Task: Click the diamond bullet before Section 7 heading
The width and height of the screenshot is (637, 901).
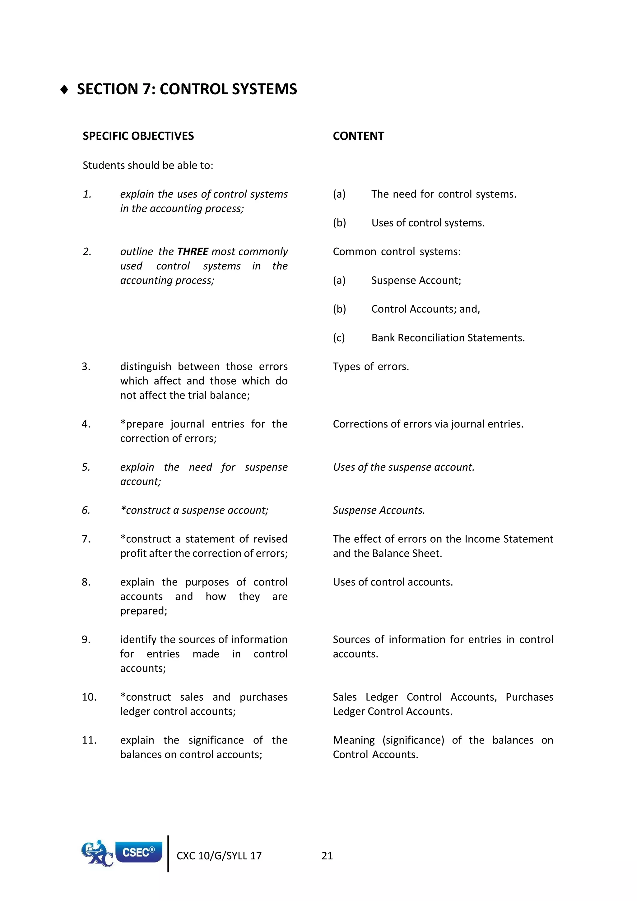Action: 64,90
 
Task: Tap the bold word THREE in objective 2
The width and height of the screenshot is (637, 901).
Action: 193,252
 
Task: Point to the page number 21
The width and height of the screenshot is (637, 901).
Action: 327,856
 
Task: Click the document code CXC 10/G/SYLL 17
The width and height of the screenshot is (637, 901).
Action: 219,856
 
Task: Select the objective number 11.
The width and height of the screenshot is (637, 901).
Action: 89,740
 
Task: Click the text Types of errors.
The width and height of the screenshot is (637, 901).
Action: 371,366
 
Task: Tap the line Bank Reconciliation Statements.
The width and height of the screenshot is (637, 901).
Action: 448,338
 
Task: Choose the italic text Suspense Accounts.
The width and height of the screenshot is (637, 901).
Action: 379,510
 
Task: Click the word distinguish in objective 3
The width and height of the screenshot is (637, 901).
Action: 146,366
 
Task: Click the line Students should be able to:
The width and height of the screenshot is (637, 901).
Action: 148,165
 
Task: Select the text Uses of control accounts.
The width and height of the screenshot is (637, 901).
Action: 393,582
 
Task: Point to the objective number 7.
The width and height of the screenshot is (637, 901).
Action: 86,539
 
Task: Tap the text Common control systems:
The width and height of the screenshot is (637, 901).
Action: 397,252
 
